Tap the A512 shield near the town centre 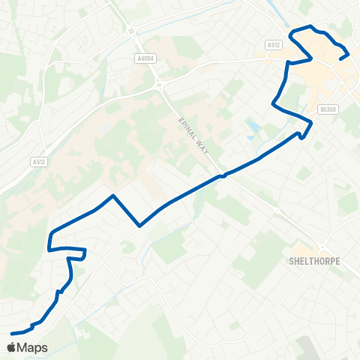point(273,45)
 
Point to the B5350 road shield point(326,109)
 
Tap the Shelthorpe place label point(314,262)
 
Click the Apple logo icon point(13,348)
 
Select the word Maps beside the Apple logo point(34,348)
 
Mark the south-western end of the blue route point(13,333)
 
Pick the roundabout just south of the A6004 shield point(159,85)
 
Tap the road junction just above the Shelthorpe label point(322,248)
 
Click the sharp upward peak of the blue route point(112,196)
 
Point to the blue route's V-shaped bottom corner point(139,225)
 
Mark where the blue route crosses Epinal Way point(222,176)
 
